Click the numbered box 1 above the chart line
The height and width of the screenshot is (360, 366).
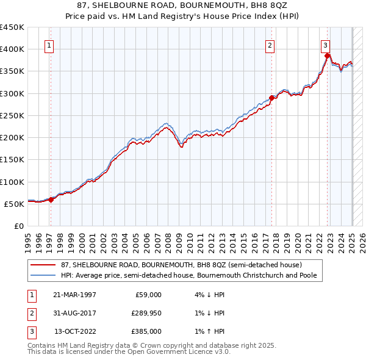[48, 45]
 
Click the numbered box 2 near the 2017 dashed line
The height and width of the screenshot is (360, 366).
[270, 45]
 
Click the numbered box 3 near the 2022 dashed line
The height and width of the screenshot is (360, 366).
[325, 45]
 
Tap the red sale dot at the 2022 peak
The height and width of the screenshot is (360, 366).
[328, 56]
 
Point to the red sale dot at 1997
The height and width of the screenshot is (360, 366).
[51, 200]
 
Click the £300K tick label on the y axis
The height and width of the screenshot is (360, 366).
[12, 93]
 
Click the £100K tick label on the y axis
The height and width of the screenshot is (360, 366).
[12, 182]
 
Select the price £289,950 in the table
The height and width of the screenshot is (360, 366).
[147, 313]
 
